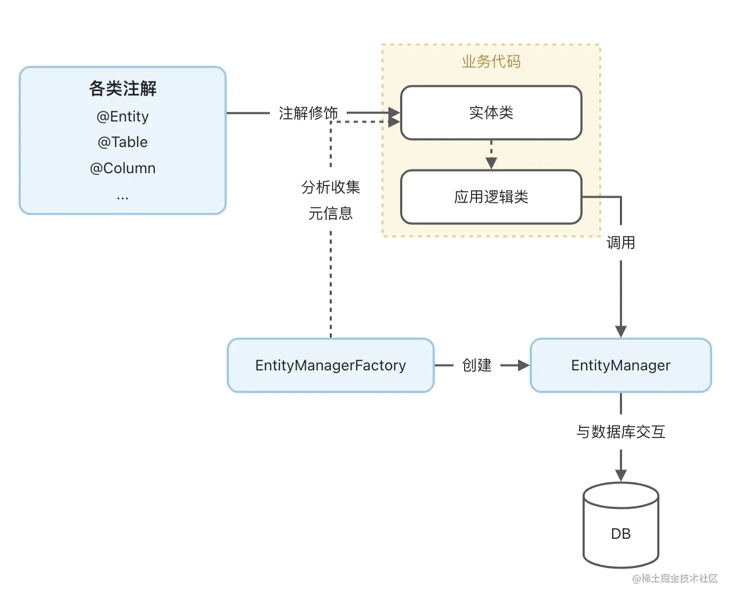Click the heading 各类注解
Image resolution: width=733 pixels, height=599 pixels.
(x=123, y=88)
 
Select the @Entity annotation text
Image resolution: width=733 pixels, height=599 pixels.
(x=123, y=116)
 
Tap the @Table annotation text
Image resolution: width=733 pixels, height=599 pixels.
(x=123, y=142)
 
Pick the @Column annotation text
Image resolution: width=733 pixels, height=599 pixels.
(x=123, y=168)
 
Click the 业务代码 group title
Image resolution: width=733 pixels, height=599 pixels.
(x=491, y=62)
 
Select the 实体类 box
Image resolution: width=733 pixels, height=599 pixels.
(x=491, y=113)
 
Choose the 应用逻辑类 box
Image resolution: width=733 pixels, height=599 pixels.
(x=491, y=197)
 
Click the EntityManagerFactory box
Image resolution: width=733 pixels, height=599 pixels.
(x=330, y=366)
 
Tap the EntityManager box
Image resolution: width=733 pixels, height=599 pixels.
(x=620, y=366)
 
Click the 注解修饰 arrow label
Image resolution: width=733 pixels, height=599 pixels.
(x=308, y=113)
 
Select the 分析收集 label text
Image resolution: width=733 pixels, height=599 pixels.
(x=330, y=187)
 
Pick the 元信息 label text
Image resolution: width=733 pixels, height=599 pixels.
(x=330, y=214)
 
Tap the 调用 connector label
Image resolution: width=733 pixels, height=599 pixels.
(x=620, y=243)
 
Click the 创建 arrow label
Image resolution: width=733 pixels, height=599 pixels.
(x=476, y=366)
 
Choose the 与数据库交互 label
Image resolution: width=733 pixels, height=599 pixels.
(x=620, y=432)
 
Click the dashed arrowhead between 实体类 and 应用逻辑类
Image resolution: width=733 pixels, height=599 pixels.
(x=491, y=163)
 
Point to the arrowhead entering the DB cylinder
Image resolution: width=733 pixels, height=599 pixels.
(x=620, y=476)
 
